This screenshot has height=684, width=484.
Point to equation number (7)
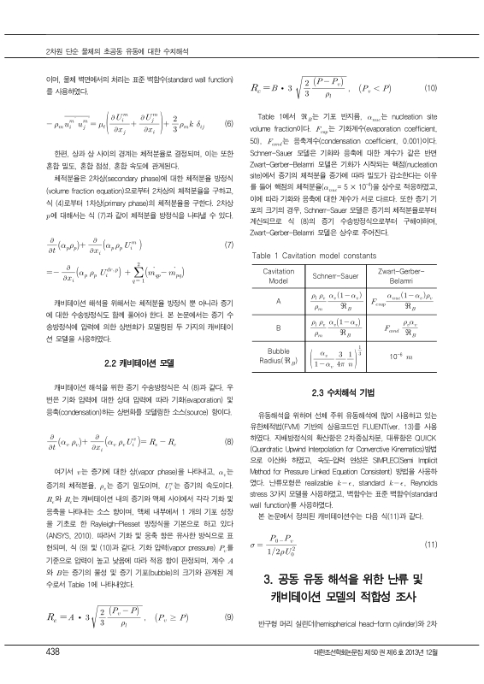(x=228, y=221)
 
